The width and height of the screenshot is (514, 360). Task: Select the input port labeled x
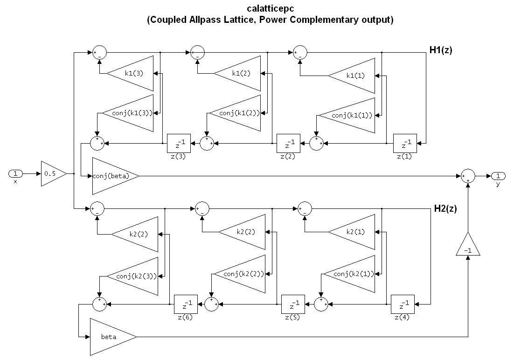15,174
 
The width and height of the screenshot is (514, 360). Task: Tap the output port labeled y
498,176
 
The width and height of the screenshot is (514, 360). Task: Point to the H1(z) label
441,50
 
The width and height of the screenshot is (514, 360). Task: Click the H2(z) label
445,208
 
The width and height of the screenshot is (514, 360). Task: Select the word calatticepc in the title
270,9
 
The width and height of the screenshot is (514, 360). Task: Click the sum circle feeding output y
467,176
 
